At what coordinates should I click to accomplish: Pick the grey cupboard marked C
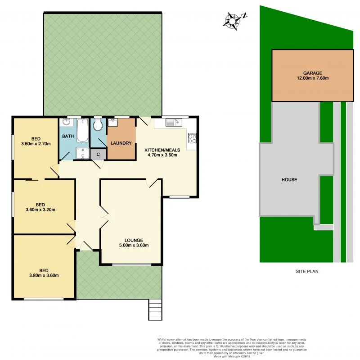98,154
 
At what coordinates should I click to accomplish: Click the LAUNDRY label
121,143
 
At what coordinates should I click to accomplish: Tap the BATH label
68,136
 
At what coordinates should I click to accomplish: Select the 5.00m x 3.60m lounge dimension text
131,246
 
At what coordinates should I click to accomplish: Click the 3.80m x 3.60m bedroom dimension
44,276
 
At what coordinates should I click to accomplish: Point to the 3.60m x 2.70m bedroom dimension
36,144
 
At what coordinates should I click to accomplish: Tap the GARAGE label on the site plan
312,73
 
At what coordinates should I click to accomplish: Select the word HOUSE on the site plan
289,179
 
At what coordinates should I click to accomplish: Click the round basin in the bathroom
66,122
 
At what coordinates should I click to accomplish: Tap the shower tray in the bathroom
82,153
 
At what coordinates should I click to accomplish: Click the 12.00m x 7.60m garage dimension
312,78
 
